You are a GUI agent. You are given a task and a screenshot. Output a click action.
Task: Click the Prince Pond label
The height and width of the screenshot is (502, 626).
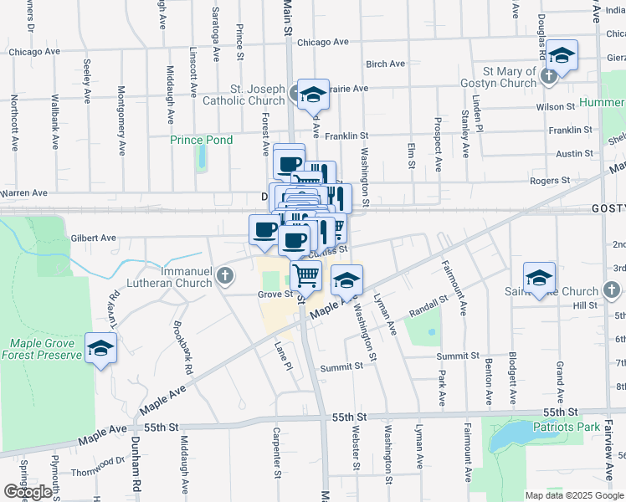point(202,140)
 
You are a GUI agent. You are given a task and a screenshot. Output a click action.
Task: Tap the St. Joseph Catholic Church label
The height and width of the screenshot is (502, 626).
point(245,95)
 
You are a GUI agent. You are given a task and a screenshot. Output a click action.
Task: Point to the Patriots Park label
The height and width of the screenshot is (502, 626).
point(572,427)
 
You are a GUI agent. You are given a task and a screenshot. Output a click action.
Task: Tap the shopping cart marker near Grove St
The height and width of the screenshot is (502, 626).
point(306,274)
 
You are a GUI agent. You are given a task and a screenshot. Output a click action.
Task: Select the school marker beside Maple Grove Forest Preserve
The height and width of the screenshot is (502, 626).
point(101,347)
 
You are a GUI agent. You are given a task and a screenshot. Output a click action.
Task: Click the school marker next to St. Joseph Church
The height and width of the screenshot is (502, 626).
point(314,94)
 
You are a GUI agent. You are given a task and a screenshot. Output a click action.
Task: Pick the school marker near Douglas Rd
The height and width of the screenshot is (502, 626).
point(562,56)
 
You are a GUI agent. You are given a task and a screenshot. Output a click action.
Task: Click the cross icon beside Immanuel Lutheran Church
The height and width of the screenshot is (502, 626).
point(224,275)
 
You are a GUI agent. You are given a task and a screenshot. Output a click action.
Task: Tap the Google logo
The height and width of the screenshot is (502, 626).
point(28,492)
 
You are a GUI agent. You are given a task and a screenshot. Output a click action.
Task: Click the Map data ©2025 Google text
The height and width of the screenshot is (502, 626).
point(573,495)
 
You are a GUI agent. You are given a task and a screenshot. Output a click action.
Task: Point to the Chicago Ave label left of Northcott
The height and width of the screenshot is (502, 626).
point(35,51)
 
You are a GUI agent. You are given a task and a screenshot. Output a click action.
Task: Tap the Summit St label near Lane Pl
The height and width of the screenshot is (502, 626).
point(342,366)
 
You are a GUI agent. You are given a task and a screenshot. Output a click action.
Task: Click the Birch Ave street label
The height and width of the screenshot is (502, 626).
point(386,64)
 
